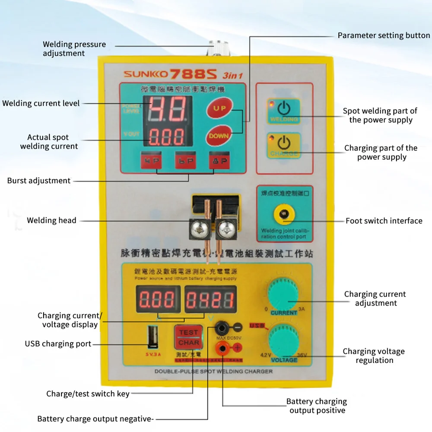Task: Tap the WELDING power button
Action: click(284, 110)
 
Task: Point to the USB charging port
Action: click(152, 337)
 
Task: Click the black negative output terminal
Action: click(223, 327)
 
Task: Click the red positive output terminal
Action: click(223, 347)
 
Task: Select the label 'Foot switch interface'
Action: click(384, 221)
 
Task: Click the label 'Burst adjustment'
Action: click(39, 181)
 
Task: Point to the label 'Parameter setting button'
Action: click(384, 35)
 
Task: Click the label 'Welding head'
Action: click(51, 220)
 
